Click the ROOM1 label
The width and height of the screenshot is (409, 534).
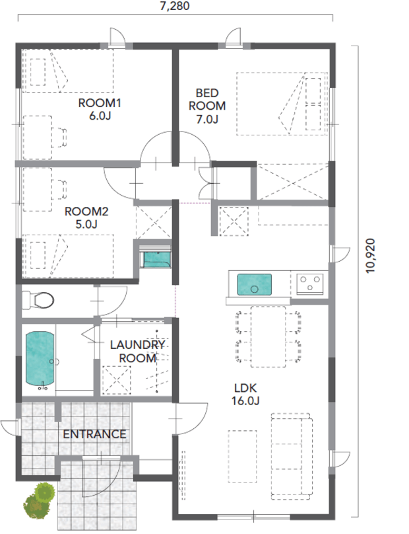[99, 103]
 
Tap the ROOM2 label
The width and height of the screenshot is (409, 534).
[86, 211]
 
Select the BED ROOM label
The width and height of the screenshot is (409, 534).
[207, 99]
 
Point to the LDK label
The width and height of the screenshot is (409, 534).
[245, 388]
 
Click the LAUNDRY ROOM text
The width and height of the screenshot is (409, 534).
[138, 352]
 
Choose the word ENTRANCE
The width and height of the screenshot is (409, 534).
[94, 434]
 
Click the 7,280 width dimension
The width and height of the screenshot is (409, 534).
[175, 6]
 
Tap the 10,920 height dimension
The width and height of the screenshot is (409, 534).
[370, 255]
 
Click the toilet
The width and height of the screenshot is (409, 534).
[38, 300]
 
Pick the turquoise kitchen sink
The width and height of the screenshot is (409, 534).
[254, 285]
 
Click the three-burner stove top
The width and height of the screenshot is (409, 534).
[310, 284]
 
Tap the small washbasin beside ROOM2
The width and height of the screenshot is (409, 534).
[156, 259]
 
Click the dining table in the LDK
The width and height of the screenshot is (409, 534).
[268, 337]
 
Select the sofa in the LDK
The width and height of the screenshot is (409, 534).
[292, 457]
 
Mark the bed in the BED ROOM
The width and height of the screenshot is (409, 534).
[282, 104]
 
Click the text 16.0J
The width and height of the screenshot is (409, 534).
[245, 401]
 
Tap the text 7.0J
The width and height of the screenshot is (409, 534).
[207, 119]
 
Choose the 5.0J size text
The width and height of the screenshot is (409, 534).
[86, 225]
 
